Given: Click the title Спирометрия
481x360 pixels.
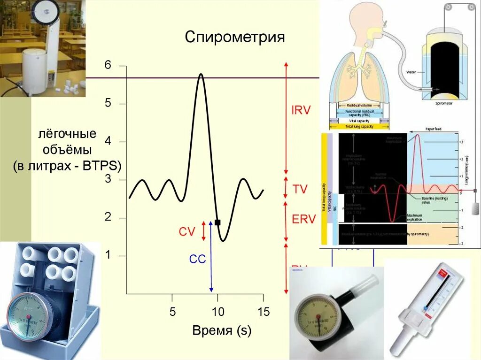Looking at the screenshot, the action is tap(235, 37).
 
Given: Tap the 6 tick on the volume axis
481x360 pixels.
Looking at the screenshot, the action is tap(108, 65).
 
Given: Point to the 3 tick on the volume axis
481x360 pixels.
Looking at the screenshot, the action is tap(108, 180).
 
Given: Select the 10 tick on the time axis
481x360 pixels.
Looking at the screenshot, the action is tap(218, 311).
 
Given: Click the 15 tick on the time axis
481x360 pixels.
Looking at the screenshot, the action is tap(264, 311).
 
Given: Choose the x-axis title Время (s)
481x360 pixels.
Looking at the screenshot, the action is tap(222, 330).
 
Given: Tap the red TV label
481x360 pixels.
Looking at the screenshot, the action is tap(300, 189).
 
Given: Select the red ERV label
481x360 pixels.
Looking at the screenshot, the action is tap(303, 220).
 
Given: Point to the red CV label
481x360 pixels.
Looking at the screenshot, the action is tap(186, 231).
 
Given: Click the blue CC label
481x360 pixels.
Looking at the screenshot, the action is tap(197, 259).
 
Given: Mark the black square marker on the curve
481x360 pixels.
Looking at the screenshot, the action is tap(217, 222).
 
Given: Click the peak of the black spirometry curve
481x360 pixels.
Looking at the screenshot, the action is tap(201, 74).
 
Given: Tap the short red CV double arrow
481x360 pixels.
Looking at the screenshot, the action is tap(203, 231).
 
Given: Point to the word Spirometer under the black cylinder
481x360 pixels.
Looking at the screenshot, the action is tap(443, 103).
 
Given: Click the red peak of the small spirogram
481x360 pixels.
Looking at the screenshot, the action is tap(417, 135).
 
